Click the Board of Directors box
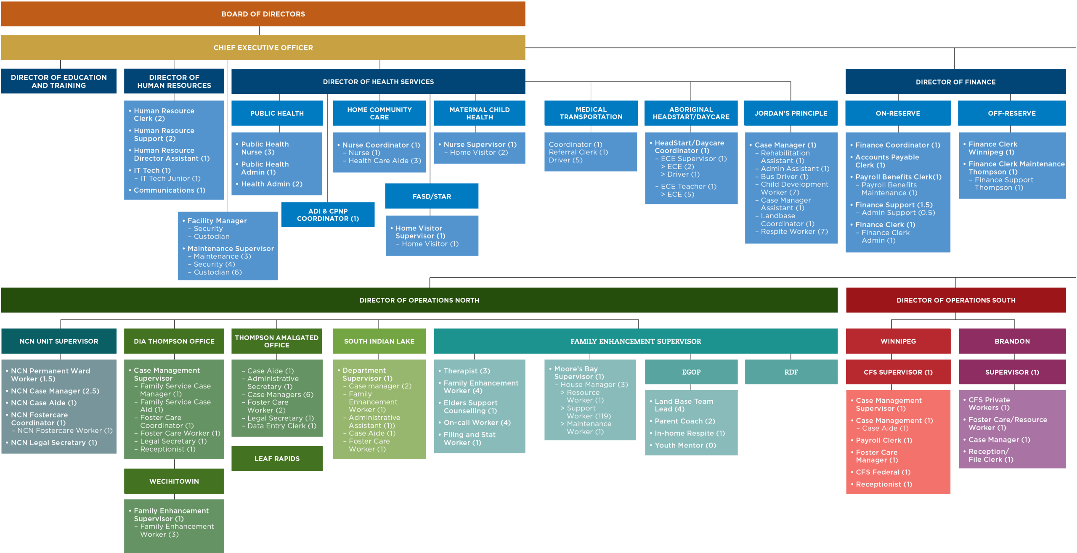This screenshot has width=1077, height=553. [x=263, y=14]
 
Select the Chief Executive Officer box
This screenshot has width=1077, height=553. [x=263, y=48]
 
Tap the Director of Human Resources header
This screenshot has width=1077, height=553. [x=174, y=81]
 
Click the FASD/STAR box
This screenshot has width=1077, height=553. [x=432, y=196]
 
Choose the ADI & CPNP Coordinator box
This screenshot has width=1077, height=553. [x=328, y=215]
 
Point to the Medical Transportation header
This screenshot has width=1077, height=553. [x=591, y=113]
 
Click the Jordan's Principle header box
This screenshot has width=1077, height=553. [x=791, y=113]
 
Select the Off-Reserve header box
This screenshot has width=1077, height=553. [x=1012, y=113]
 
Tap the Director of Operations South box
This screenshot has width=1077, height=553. [x=956, y=300]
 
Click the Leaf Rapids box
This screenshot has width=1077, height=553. [x=277, y=458]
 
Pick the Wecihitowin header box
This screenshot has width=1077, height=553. [x=174, y=481]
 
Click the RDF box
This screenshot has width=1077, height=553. [x=791, y=372]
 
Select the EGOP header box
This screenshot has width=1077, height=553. [x=691, y=372]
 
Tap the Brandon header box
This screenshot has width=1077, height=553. [x=1012, y=341]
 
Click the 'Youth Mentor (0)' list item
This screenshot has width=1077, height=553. [x=685, y=445]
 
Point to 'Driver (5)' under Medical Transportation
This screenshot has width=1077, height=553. [x=565, y=160]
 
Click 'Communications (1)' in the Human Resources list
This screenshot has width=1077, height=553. [x=170, y=190]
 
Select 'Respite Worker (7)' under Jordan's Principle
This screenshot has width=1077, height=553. [x=794, y=232]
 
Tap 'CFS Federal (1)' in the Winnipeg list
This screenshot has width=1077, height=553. [x=883, y=472]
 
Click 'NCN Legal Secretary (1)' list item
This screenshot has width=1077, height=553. [x=54, y=443]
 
